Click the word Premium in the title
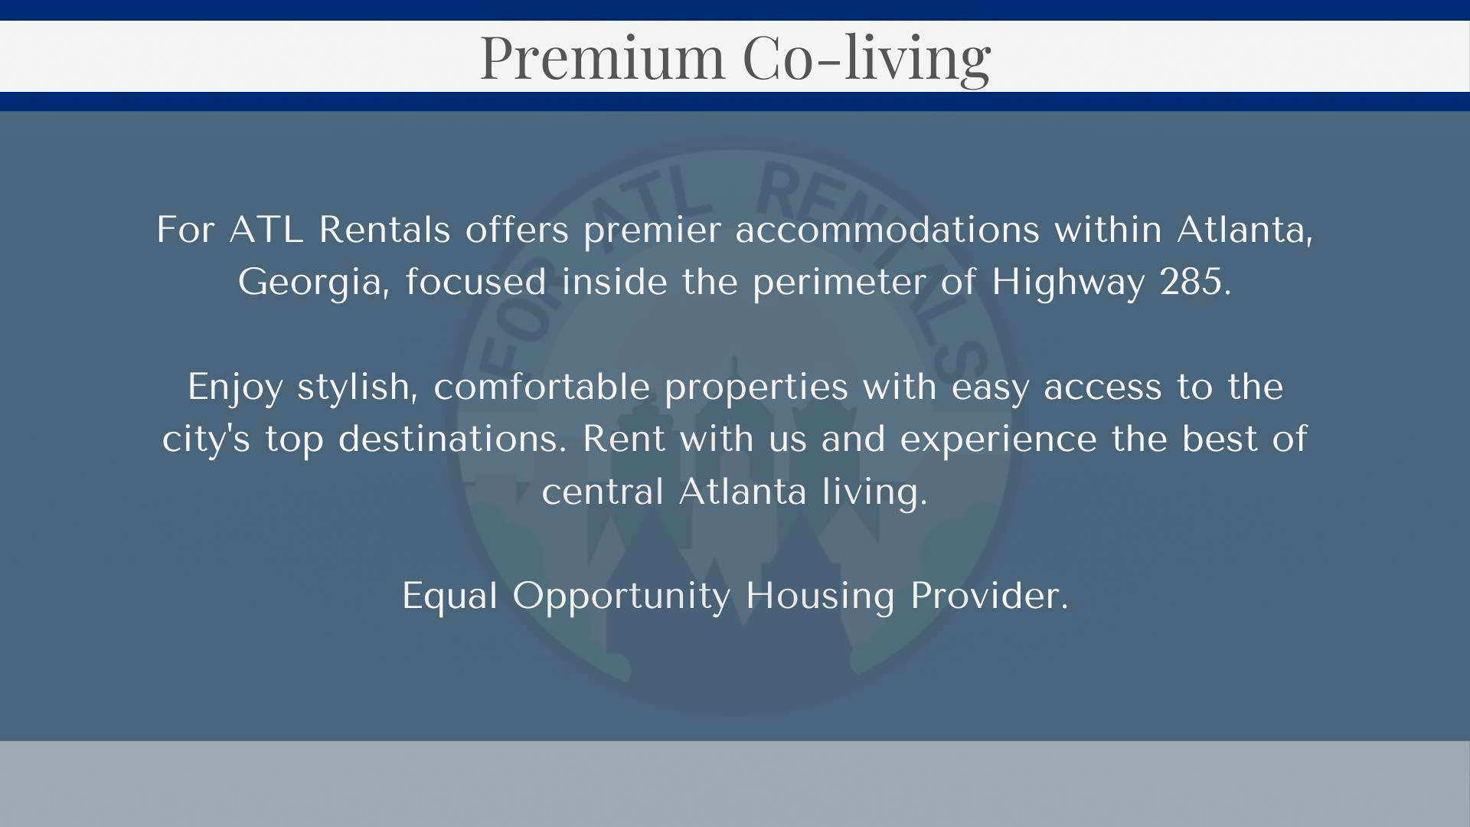point(602,58)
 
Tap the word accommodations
point(887,230)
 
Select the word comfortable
point(542,387)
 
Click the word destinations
point(452,440)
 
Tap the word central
point(603,491)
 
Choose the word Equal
point(449,597)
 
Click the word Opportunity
point(621,597)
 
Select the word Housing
point(820,597)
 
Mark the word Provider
point(988,596)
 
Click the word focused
point(475,282)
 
